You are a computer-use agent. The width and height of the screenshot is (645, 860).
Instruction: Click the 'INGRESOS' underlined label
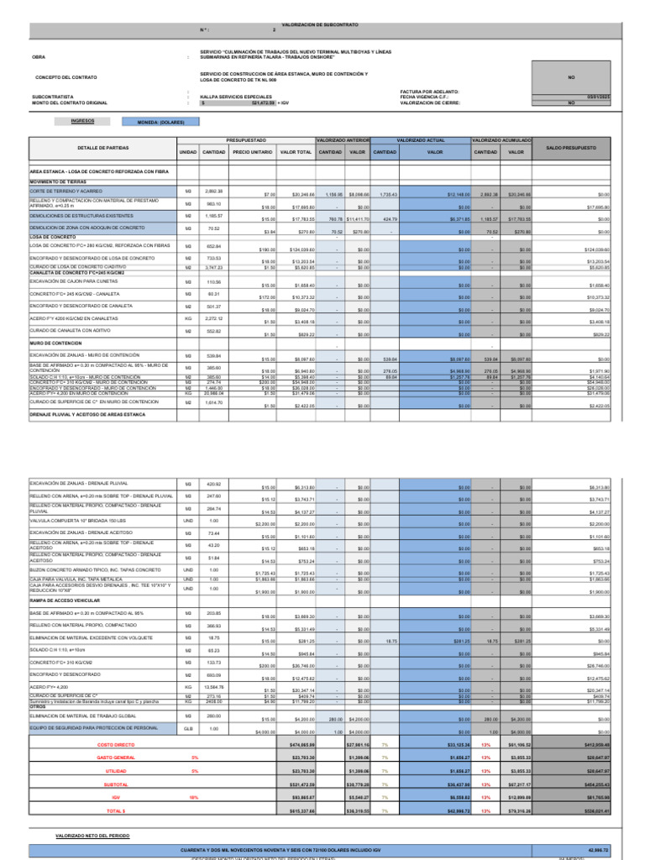[x=82, y=121]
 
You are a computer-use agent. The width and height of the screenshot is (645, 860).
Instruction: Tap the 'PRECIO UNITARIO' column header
[x=254, y=153]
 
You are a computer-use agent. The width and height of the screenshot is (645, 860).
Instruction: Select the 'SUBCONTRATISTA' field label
[x=53, y=97]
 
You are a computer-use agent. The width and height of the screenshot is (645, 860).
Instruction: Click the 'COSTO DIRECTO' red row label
[x=115, y=744]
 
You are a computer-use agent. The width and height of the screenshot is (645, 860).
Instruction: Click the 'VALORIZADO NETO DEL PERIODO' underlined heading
[x=95, y=836]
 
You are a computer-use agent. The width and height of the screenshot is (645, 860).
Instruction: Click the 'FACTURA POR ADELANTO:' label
[x=428, y=90]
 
